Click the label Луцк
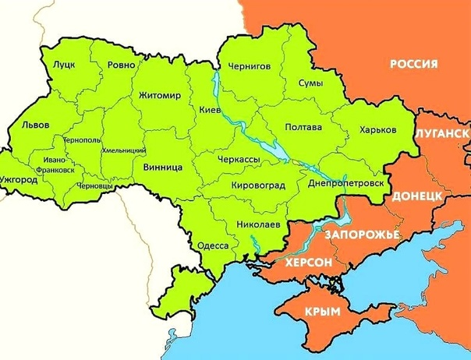[x=64, y=66]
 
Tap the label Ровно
[x=121, y=66]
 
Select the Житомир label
[x=159, y=96]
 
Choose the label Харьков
[x=377, y=129]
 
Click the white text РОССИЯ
[x=413, y=64]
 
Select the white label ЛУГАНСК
[x=442, y=133]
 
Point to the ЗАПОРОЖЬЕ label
[x=362, y=235]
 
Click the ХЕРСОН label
[x=309, y=263]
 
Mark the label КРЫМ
[x=322, y=312]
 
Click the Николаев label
[x=257, y=224]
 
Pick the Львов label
[x=36, y=125]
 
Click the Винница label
[x=163, y=168]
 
